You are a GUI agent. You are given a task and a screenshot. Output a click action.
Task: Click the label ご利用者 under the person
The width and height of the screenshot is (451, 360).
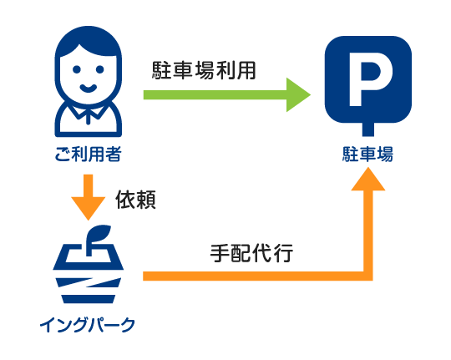(88, 154)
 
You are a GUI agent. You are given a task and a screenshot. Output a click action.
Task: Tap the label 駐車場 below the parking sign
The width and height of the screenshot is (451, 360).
(367, 154)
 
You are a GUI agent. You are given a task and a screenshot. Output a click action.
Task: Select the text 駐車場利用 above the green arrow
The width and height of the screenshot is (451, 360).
(204, 70)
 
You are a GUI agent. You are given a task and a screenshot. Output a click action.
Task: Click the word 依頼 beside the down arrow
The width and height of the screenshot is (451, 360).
(135, 200)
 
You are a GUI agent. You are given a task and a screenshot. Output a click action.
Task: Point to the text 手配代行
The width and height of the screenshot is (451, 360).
(251, 253)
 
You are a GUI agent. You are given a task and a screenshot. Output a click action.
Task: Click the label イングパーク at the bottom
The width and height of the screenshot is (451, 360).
(88, 325)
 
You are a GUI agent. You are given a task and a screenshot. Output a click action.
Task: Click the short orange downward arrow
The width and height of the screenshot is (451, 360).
(89, 197)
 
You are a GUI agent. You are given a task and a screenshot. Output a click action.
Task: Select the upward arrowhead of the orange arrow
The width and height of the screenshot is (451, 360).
(368, 179)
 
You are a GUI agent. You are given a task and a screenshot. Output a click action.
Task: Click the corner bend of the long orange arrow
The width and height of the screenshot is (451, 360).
(368, 276)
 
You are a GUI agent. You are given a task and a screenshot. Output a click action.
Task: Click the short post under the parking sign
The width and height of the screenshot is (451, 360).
(368, 129)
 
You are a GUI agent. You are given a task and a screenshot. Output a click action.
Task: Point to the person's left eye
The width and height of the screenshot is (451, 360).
(77, 69)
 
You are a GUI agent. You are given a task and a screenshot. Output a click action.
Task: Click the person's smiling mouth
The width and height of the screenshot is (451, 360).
(89, 88)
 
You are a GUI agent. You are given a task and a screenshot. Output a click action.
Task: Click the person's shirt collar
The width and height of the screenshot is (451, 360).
(89, 112)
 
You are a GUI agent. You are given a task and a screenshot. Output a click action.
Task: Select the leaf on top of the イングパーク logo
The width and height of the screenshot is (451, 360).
(99, 234)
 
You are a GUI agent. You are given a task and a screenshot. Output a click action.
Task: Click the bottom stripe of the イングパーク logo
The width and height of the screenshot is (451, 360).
(89, 299)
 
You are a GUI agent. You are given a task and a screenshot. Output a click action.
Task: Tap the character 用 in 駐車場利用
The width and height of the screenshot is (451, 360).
(246, 70)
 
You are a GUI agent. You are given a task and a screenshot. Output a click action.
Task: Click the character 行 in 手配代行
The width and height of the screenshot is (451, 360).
(283, 253)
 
